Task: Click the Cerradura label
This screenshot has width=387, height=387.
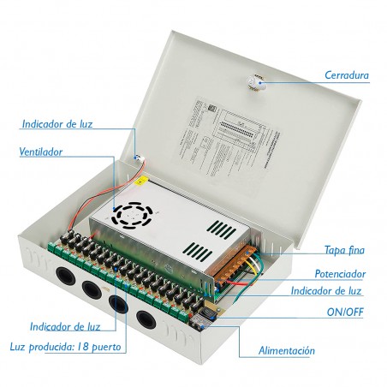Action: [347, 75]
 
